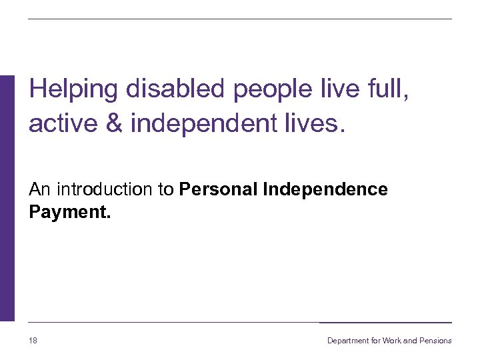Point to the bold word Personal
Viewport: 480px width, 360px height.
[x=219, y=189]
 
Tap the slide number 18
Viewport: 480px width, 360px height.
[x=33, y=341]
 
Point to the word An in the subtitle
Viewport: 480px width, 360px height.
[x=39, y=189]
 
